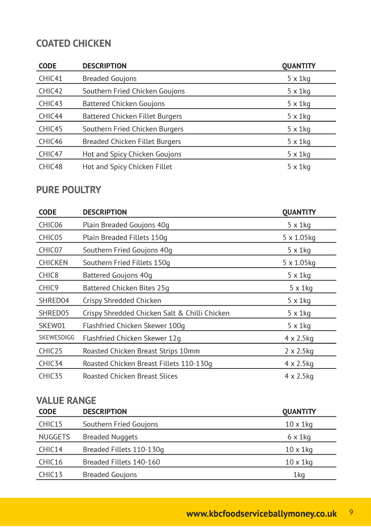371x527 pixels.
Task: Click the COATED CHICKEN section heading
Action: click(x=74, y=43)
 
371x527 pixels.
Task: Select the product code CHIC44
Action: click(x=51, y=116)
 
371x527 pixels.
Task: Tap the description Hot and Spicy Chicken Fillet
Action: click(x=127, y=167)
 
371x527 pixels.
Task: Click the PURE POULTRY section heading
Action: click(x=69, y=190)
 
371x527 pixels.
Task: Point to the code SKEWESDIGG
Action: click(x=57, y=338)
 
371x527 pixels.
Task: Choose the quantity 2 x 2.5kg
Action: click(x=299, y=351)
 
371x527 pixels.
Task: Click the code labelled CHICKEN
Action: click(x=53, y=263)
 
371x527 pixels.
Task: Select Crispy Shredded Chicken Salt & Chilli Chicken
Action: click(x=156, y=313)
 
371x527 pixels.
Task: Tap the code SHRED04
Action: click(x=54, y=301)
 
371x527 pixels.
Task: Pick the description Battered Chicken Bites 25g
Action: click(x=126, y=288)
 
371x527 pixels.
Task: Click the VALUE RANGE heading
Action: click(x=66, y=400)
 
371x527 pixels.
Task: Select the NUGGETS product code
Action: click(x=54, y=437)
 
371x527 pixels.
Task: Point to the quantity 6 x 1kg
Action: click(x=299, y=437)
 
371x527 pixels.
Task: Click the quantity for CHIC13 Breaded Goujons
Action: click(x=299, y=475)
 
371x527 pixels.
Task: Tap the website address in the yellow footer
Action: click(x=261, y=514)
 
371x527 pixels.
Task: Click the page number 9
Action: click(x=351, y=512)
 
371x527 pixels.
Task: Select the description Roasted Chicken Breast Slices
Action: click(x=130, y=376)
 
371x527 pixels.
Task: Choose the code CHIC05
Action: click(x=51, y=238)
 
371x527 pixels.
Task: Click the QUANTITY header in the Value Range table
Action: click(x=299, y=412)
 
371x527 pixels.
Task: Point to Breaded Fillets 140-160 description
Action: click(x=121, y=462)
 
